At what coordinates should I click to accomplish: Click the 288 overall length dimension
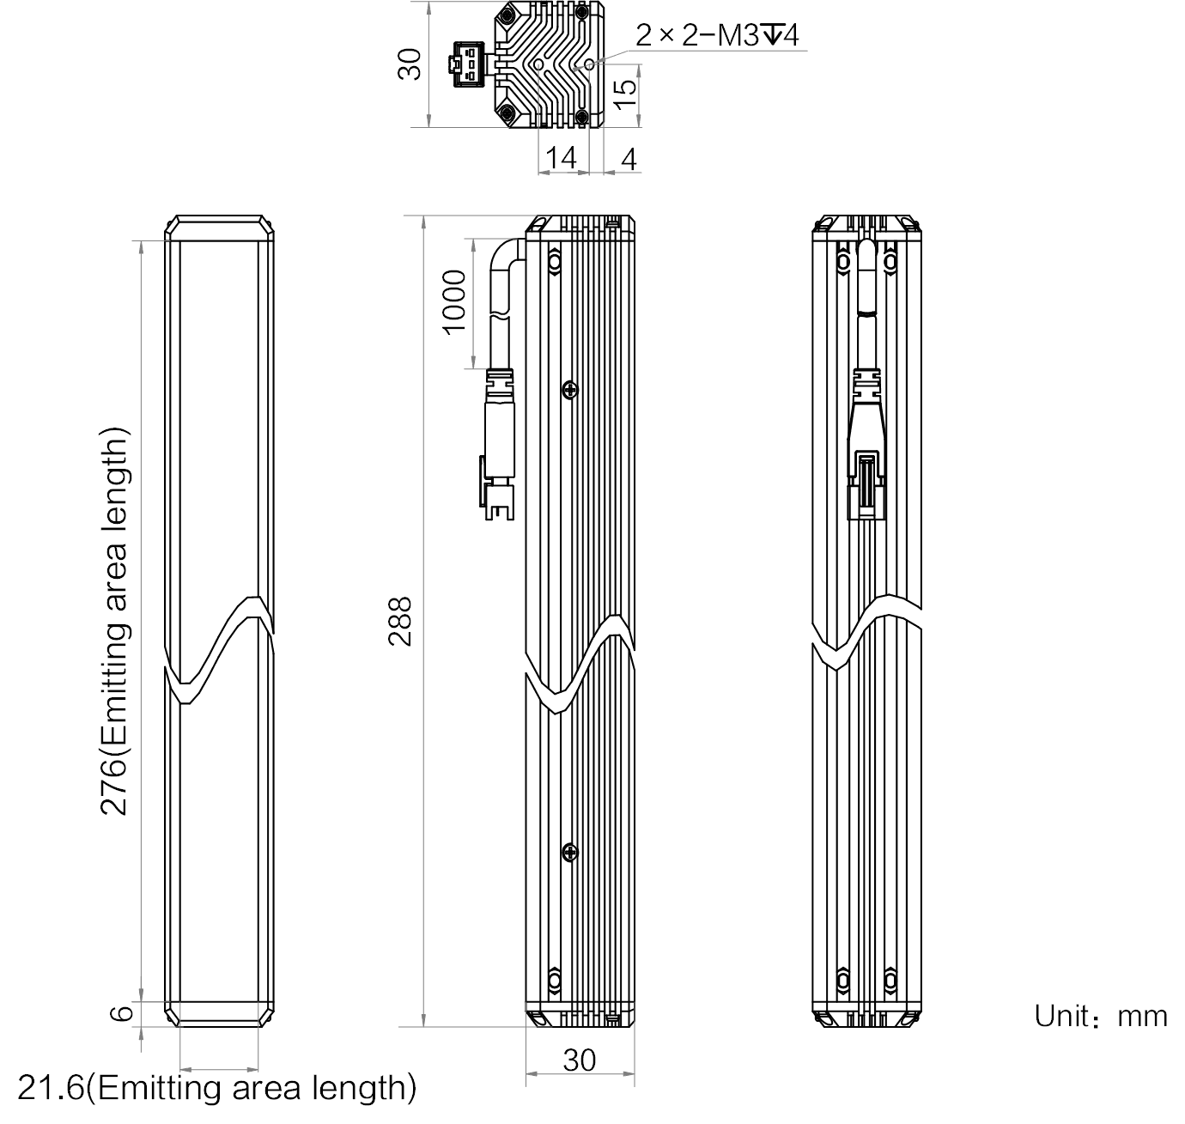click(x=399, y=622)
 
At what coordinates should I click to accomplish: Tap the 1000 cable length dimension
click(x=454, y=302)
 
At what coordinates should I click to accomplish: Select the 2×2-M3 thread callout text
click(x=717, y=35)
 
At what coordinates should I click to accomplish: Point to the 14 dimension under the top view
click(x=561, y=158)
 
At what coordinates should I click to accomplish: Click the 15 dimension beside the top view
click(x=626, y=94)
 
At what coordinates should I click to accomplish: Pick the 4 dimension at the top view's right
click(x=629, y=160)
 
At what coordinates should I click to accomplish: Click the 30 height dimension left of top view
click(x=410, y=64)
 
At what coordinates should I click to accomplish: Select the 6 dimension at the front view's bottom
click(x=121, y=1013)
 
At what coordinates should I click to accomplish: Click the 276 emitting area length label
click(x=114, y=622)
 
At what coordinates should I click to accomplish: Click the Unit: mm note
click(x=1101, y=1016)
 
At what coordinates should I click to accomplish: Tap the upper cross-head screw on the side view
click(x=570, y=390)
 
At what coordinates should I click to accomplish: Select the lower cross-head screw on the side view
click(x=570, y=852)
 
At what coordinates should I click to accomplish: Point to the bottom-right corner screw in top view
click(x=581, y=115)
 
